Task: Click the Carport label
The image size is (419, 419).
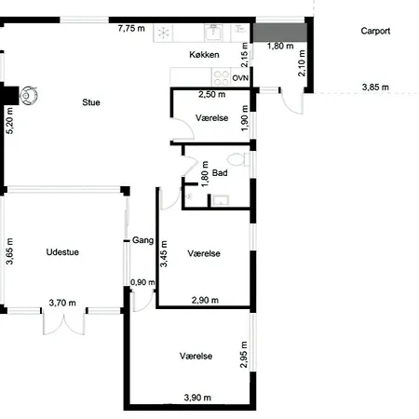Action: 375,31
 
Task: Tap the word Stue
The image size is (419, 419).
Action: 91,102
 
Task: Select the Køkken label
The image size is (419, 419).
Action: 204,55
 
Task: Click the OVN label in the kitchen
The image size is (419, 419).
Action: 240,78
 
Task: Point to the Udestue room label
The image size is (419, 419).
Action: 62,252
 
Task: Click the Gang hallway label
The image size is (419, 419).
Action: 142,240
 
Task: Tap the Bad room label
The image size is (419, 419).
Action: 220,173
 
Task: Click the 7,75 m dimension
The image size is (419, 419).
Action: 131,28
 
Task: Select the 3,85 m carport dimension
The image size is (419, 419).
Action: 375,88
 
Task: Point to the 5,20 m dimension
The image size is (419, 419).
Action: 9,121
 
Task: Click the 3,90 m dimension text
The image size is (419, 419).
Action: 197,398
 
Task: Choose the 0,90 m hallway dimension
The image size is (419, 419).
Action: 142,282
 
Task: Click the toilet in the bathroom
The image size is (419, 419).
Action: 238,160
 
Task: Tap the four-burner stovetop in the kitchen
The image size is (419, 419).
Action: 221,77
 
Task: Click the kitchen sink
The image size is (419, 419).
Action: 213,33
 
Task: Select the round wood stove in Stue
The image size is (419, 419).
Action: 29,95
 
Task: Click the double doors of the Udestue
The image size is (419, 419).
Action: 63,323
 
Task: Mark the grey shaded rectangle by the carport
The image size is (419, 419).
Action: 280,33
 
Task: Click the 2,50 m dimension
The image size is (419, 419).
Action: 212,94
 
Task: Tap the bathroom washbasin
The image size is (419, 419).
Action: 220,200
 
